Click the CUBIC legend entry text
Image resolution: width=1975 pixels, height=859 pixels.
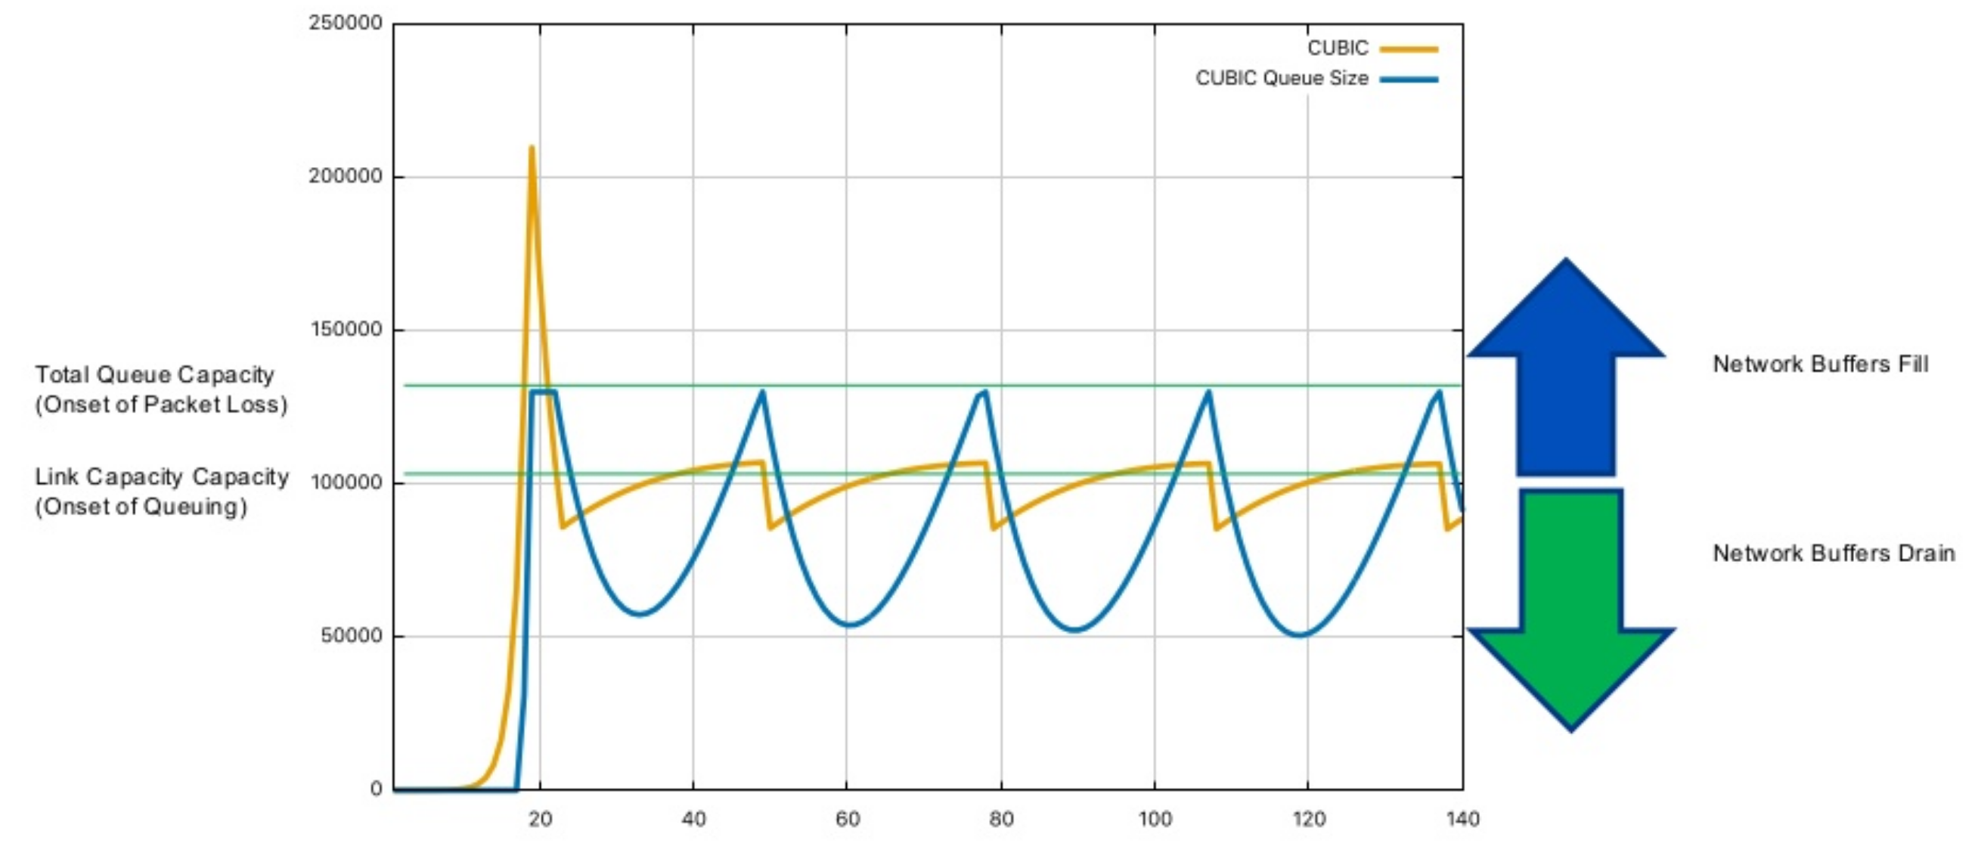1337,48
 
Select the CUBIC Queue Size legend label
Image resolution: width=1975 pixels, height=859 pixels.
1281,78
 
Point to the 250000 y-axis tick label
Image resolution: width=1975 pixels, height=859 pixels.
345,23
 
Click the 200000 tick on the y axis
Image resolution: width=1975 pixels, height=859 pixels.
345,176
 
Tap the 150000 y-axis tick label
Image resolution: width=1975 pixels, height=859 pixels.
345,330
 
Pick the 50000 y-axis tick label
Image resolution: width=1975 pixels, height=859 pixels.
351,636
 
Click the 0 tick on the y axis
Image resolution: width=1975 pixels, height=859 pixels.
376,789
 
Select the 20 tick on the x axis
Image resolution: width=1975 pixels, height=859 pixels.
540,819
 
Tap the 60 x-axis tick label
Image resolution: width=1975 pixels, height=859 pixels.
847,819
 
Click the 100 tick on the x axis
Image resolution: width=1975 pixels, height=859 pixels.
1155,819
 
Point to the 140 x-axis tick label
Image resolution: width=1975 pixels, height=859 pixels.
1462,819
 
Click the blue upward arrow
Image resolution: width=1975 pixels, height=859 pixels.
1566,368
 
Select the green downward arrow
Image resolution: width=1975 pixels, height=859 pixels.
1570,606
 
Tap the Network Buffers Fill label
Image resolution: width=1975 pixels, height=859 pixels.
1820,364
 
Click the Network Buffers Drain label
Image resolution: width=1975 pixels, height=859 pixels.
1833,553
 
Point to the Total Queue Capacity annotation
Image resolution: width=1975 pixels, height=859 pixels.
154,375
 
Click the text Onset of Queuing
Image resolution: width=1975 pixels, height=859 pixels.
142,507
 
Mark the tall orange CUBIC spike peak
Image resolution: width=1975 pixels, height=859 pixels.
532,148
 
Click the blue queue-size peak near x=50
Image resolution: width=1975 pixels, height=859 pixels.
762,392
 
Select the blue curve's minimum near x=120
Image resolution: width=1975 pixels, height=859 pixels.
1301,634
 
